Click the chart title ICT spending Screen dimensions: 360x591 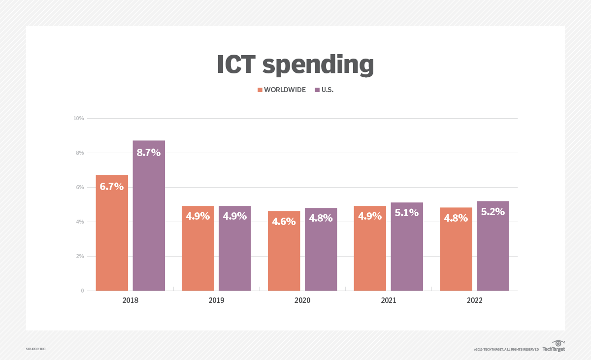(295, 65)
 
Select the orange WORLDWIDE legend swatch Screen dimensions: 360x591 (260, 90)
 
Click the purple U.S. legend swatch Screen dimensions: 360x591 (317, 90)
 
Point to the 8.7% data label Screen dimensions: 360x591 (149, 153)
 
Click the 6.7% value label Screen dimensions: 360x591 (112, 187)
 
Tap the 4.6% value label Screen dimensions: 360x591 (284, 222)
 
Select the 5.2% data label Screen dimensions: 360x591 (492, 212)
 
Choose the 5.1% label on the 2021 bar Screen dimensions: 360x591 (407, 213)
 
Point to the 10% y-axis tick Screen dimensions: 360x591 (79, 118)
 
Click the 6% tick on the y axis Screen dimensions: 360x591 (80, 187)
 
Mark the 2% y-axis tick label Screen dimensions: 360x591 (80, 256)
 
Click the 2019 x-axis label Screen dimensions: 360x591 (216, 300)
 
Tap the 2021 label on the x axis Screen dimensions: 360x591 (388, 300)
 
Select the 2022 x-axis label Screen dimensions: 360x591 (474, 300)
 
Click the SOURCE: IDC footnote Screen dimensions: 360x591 (35, 349)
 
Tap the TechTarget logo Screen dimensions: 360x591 (554, 346)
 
